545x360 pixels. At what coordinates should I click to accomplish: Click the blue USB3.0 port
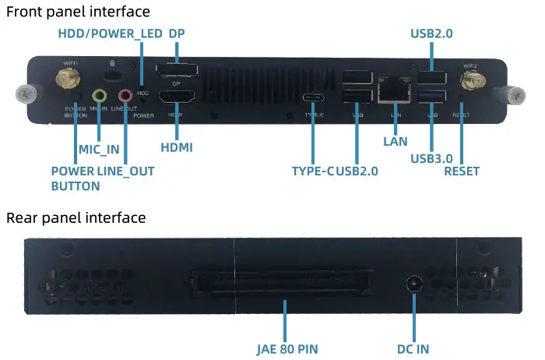(x=432, y=97)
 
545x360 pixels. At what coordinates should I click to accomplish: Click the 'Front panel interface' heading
(x=78, y=12)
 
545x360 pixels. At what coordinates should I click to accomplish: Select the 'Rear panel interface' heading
(x=76, y=217)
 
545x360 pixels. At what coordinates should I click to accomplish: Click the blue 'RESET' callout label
(x=462, y=171)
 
